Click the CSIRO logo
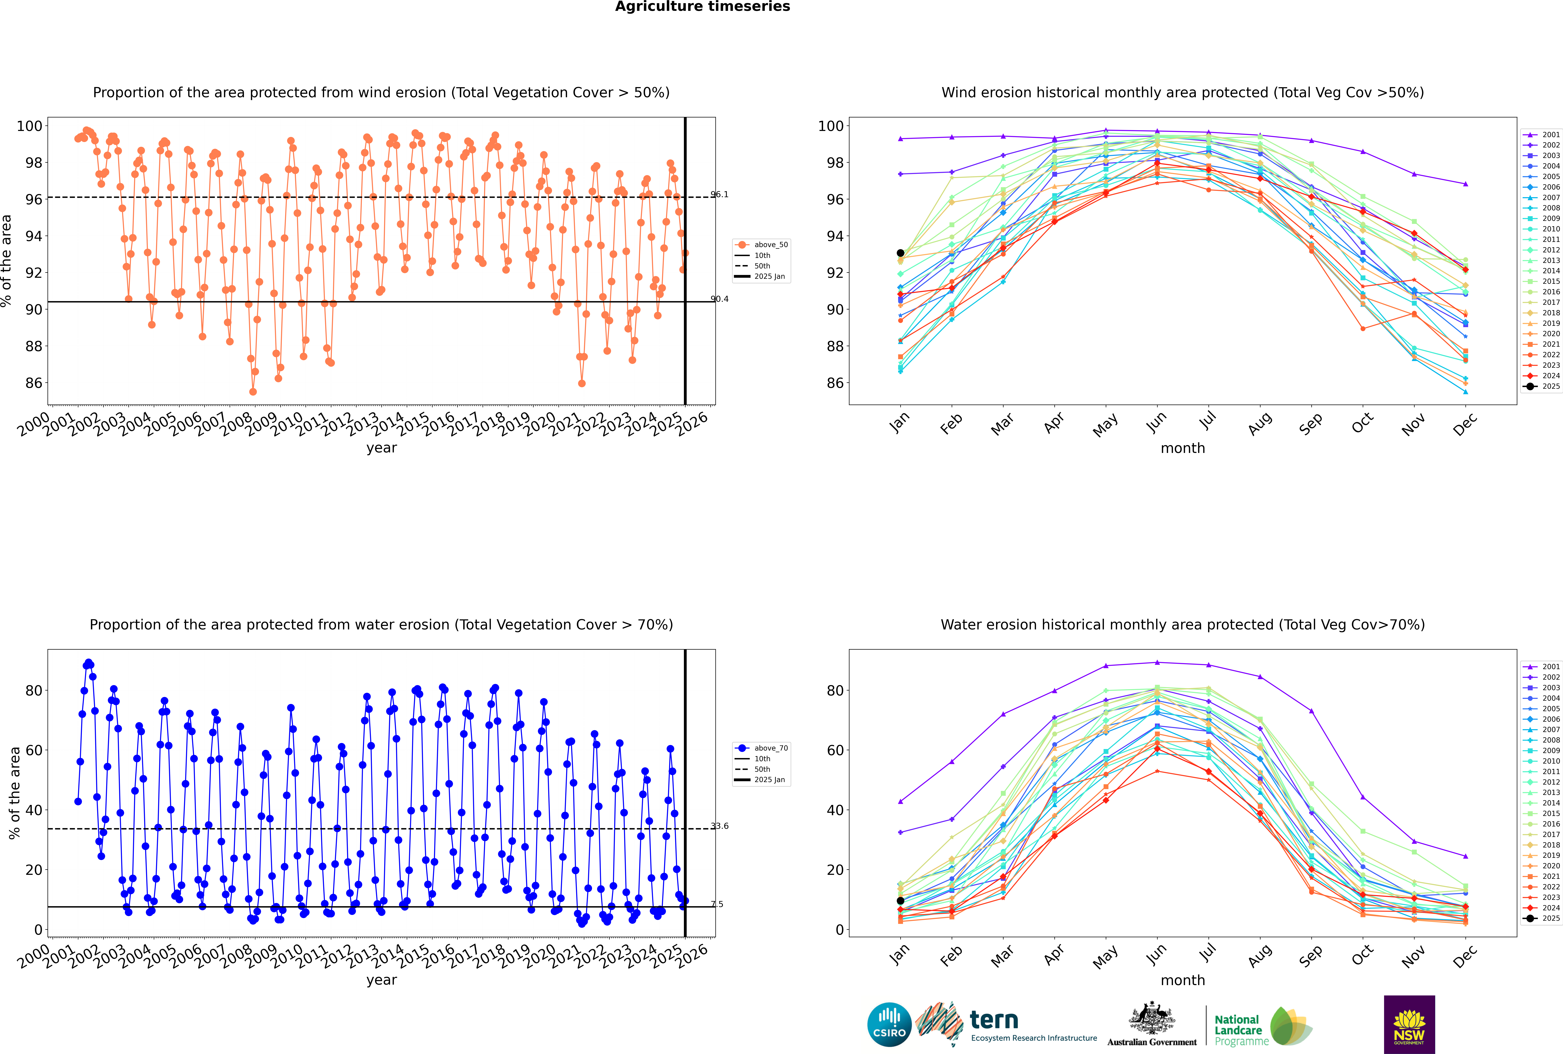click(889, 1024)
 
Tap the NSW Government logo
click(1409, 1024)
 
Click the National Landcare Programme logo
click(1262, 1026)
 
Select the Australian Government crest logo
click(1152, 1024)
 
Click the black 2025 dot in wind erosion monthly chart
click(900, 253)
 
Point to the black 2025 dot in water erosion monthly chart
click(900, 901)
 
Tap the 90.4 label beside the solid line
click(719, 299)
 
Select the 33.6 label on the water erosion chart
click(719, 826)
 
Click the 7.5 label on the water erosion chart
click(717, 904)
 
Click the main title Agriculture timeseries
click(702, 7)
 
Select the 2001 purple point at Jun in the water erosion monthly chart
click(1157, 663)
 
